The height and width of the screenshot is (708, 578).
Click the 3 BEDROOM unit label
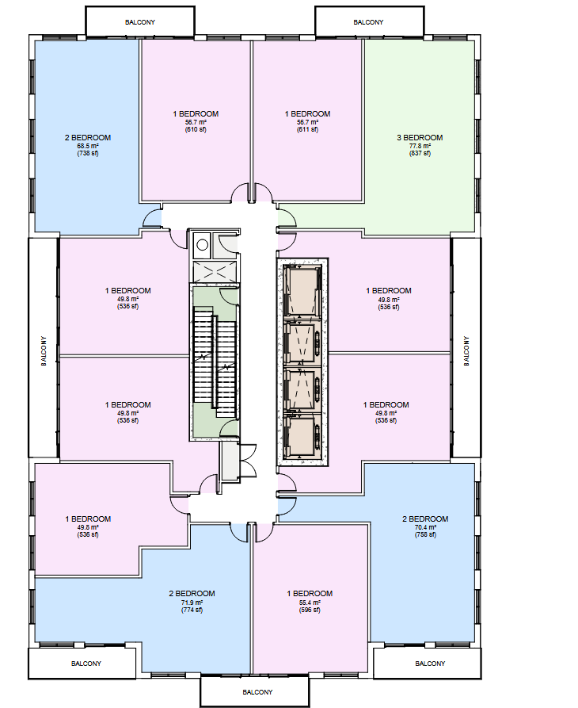[420, 138]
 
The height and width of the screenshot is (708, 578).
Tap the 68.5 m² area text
[88, 146]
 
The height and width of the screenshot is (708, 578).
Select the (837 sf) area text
[420, 154]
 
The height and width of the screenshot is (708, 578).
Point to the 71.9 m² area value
[192, 603]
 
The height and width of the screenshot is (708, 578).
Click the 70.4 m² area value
[426, 527]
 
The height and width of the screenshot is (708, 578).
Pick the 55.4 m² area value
[310, 603]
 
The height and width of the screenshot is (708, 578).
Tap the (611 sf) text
[307, 129]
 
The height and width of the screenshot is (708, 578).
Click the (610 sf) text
[196, 129]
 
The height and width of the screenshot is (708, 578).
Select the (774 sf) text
[192, 610]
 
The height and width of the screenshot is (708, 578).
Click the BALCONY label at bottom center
[257, 692]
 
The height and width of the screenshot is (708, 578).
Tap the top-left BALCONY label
[140, 22]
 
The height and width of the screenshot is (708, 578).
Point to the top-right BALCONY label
[368, 22]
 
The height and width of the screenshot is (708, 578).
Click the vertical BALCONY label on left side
[44, 351]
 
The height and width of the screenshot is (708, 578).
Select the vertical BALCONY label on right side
[466, 351]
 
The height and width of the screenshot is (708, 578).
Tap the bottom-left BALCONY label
[86, 664]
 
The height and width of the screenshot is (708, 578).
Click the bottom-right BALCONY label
[430, 664]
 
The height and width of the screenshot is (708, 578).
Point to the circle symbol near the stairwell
[203, 245]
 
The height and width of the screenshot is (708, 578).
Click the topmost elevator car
[302, 290]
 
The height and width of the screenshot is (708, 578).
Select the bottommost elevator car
[302, 436]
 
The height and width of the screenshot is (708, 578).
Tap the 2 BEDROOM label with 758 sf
[425, 519]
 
